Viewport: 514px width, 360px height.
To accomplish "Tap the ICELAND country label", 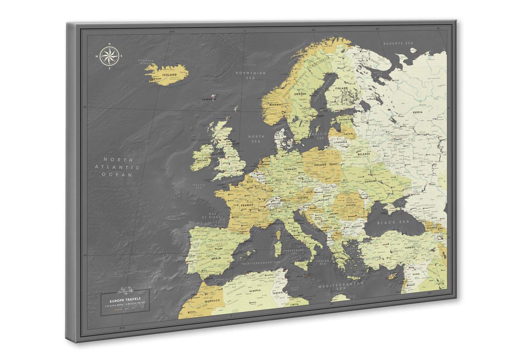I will click(x=169, y=75).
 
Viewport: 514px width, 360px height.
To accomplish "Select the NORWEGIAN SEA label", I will click(x=251, y=75).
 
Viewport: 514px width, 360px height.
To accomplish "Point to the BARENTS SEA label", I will click(x=398, y=43).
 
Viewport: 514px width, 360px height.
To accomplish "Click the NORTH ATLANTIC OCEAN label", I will click(x=117, y=166).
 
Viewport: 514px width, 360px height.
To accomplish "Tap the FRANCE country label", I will click(x=247, y=205).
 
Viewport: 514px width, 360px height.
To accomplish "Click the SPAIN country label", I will click(x=216, y=259).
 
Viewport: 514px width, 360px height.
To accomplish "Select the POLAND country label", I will click(x=320, y=165).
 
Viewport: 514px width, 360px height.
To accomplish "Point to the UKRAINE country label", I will click(x=370, y=181).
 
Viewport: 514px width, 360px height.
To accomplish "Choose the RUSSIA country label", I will click(x=418, y=112).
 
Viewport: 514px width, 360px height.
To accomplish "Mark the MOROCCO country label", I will click(x=212, y=300).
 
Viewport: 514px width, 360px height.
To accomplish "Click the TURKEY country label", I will click(x=410, y=248).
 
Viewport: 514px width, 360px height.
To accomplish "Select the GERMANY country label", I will click(x=290, y=170).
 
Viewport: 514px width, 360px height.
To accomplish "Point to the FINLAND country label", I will click(x=341, y=88).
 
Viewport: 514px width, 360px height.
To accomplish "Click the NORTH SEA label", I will click(x=256, y=138).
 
